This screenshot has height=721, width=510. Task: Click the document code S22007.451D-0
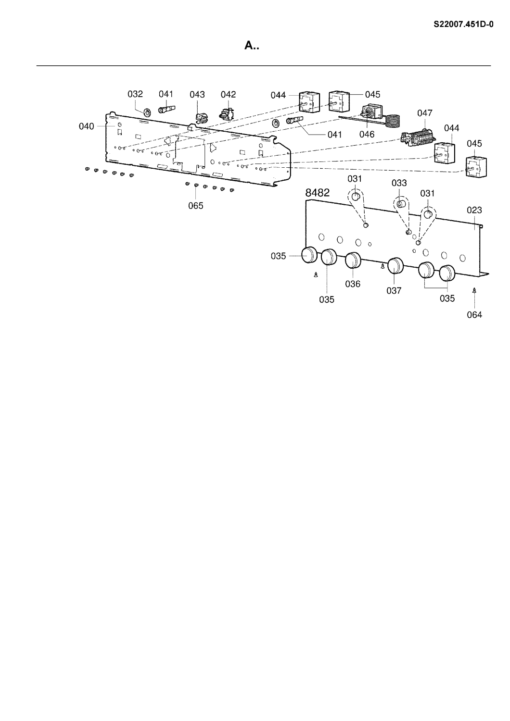click(x=464, y=23)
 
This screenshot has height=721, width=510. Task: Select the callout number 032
click(x=135, y=95)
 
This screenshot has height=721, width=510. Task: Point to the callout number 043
click(x=197, y=95)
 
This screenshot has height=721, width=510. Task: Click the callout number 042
click(x=228, y=95)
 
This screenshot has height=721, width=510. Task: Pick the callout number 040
click(x=87, y=126)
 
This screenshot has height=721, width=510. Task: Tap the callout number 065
click(x=196, y=206)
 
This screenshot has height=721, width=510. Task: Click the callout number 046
click(x=367, y=135)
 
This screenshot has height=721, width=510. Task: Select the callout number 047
click(x=425, y=113)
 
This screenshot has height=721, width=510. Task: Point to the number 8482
click(x=318, y=193)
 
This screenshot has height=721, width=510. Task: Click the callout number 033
click(x=399, y=183)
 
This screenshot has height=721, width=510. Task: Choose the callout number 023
click(x=474, y=210)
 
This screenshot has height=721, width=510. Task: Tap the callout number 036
click(x=353, y=284)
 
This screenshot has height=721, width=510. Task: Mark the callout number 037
click(x=394, y=291)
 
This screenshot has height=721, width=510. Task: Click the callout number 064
click(x=474, y=315)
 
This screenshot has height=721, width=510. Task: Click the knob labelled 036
click(x=354, y=261)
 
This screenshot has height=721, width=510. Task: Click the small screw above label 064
click(x=474, y=290)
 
